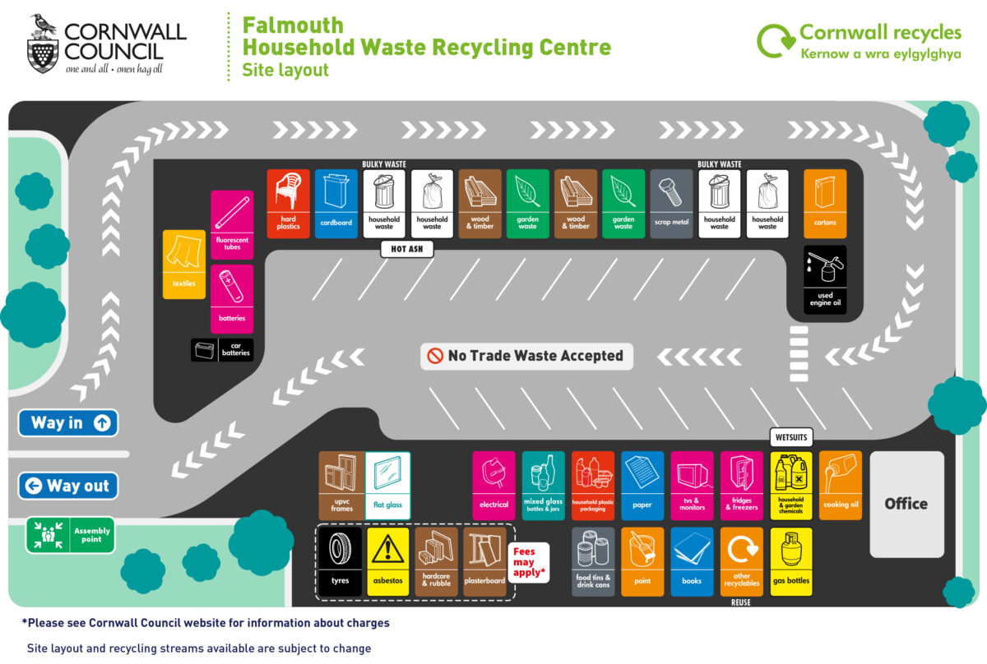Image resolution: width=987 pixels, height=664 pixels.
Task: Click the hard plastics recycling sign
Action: (288, 203)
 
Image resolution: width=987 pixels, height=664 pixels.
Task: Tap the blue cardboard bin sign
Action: (336, 203)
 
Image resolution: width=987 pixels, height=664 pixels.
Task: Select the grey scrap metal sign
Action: (671, 203)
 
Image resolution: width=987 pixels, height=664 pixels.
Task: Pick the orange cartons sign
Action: (825, 203)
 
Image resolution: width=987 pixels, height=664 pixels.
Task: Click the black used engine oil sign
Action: (825, 279)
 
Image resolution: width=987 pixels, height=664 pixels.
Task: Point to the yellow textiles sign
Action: (183, 264)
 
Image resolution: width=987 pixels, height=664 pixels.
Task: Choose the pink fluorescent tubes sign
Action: (232, 224)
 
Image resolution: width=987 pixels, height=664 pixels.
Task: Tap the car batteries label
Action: (222, 350)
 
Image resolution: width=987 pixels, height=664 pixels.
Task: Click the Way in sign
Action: (68, 423)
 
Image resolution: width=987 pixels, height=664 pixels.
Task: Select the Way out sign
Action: (68, 486)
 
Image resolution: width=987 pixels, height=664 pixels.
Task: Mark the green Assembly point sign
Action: (70, 535)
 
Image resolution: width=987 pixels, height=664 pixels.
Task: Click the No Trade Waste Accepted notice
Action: (527, 356)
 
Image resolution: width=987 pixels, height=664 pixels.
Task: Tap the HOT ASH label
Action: (407, 249)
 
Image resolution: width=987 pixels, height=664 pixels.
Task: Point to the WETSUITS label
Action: (791, 436)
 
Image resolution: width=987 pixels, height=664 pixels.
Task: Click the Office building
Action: (906, 504)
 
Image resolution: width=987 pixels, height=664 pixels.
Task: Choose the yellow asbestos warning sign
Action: (387, 561)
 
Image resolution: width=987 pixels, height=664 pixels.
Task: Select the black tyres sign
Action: (339, 561)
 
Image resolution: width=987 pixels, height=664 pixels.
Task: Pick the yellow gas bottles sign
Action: (791, 561)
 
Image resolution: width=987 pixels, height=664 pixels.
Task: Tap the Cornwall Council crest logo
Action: (43, 44)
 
